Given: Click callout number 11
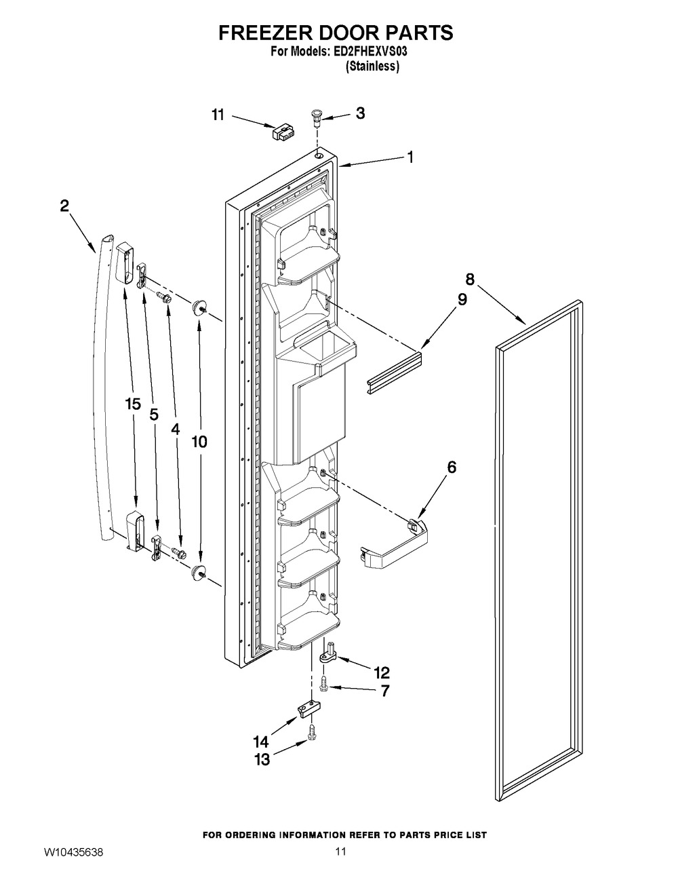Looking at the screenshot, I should tap(217, 115).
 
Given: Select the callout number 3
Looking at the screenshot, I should tap(360, 113).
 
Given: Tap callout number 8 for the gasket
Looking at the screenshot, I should tap(469, 278).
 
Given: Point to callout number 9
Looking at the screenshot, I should tap(462, 299).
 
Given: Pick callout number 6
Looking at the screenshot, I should tap(451, 467).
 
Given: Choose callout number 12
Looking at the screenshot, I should tap(382, 672).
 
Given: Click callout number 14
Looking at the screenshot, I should tap(260, 740).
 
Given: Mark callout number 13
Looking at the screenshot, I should tap(262, 759).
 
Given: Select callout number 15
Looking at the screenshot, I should tap(132, 404).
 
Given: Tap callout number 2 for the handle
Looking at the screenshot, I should tap(64, 206).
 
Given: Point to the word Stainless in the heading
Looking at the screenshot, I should tap(372, 66).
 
